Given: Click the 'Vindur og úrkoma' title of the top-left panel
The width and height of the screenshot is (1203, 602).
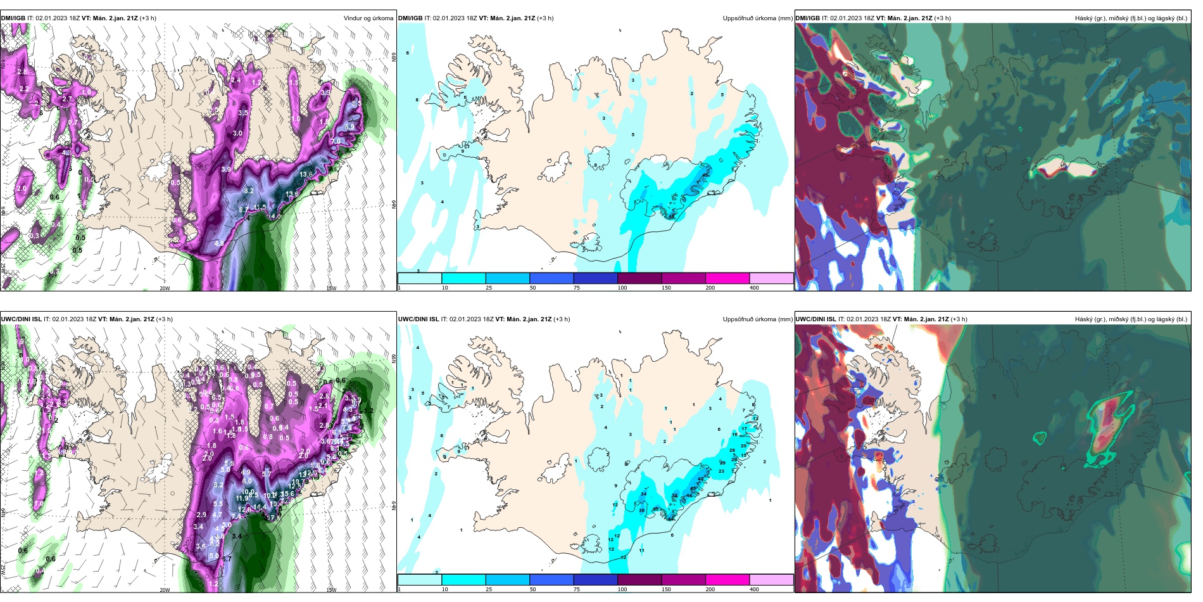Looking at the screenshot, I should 368,18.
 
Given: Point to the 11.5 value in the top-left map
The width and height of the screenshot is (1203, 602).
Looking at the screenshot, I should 260,207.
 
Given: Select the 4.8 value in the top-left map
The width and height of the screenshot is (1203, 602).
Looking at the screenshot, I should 219,243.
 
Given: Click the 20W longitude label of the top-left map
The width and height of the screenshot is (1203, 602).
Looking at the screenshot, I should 165,288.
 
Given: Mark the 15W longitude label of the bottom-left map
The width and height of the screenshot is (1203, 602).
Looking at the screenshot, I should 331,590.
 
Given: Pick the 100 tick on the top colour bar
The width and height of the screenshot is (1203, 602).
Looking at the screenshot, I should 622,288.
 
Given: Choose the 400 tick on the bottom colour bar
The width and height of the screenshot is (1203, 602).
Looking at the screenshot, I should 754,589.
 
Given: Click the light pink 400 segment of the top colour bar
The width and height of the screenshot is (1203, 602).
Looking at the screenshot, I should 771,278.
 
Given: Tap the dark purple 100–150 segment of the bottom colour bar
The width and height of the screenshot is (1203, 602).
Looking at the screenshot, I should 639,580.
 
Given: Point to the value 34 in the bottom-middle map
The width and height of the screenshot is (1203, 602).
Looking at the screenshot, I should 644,494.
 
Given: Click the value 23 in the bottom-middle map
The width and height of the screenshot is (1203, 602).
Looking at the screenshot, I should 722,471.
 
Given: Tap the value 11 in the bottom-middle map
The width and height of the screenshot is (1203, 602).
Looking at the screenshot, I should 641,550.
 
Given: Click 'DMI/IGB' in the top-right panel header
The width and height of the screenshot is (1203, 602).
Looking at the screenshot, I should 807,18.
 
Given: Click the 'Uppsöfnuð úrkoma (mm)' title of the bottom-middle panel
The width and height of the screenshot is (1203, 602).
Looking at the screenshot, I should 757,319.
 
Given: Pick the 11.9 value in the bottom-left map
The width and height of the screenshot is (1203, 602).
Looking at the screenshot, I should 241,498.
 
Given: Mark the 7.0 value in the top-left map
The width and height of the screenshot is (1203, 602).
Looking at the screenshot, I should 336,141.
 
